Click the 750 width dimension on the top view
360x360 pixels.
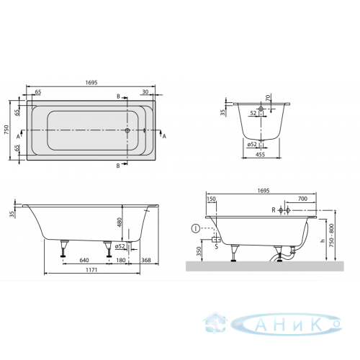6,130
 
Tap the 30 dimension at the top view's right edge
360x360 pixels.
145,91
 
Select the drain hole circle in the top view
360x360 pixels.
127,130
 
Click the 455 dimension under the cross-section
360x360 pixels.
260,155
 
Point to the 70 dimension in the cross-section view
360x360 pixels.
268,97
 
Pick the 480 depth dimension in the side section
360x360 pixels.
120,222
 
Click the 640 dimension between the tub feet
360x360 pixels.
84,260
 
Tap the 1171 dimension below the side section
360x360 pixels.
91,270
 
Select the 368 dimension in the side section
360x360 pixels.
146,260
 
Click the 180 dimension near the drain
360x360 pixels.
121,260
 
